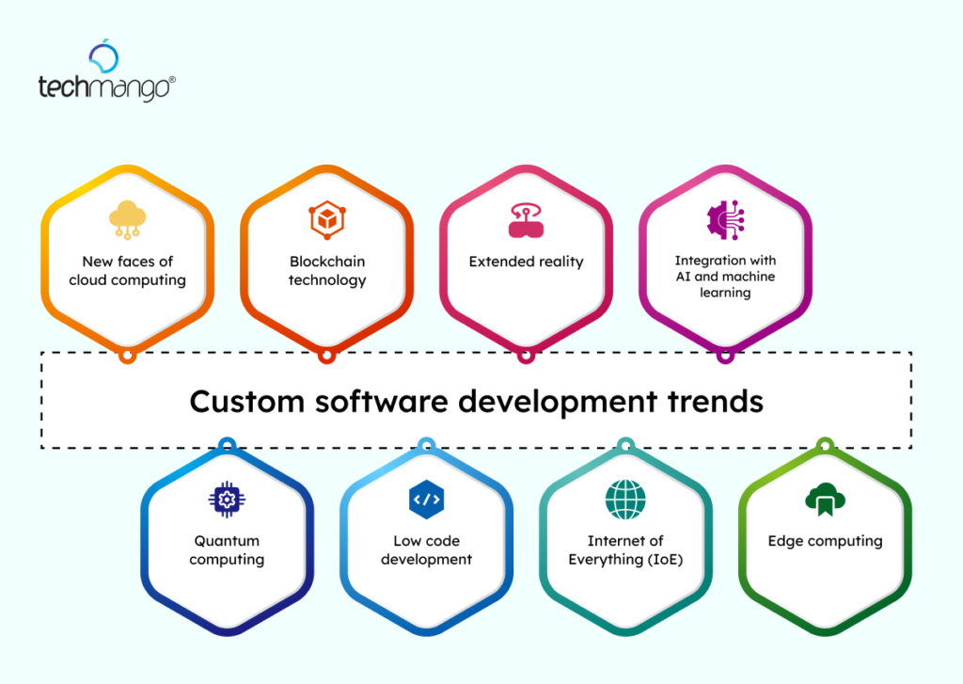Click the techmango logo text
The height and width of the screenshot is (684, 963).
[x=104, y=88]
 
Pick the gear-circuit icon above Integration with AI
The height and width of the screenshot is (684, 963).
[x=724, y=219]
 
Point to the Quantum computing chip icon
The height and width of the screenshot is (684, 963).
[x=227, y=500]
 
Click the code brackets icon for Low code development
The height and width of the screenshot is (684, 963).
[x=426, y=500]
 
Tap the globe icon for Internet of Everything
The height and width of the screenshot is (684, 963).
[x=625, y=500]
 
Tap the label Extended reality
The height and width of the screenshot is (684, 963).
[x=526, y=262]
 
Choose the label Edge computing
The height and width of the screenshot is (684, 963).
[x=825, y=541]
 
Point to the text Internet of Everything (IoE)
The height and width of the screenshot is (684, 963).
[x=625, y=550]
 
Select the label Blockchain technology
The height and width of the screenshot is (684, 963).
[x=326, y=271]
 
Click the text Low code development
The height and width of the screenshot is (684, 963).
[x=426, y=550]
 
